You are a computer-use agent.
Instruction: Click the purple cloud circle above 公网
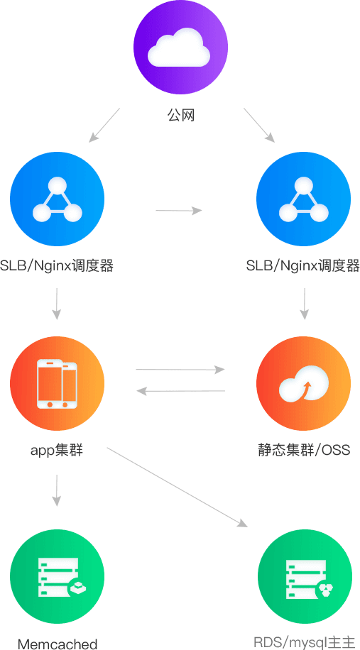(x=180, y=50)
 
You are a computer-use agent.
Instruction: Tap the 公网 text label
(x=181, y=116)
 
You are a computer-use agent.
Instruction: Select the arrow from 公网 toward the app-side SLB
(x=104, y=125)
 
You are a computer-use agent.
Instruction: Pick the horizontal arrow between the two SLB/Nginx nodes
(x=179, y=211)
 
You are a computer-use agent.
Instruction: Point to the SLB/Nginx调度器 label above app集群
(x=57, y=265)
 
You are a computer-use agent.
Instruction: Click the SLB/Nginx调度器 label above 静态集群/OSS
(x=302, y=265)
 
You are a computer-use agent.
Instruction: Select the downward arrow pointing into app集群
(x=57, y=304)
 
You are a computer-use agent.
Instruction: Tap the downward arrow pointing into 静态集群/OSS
(x=305, y=304)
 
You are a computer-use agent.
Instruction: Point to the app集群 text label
(x=57, y=450)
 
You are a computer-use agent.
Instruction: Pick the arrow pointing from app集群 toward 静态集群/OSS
(x=180, y=370)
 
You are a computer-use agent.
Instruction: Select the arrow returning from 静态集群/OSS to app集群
(x=180, y=390)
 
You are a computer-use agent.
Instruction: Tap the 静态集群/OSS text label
(x=304, y=450)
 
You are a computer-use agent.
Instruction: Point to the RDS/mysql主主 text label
(x=305, y=642)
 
